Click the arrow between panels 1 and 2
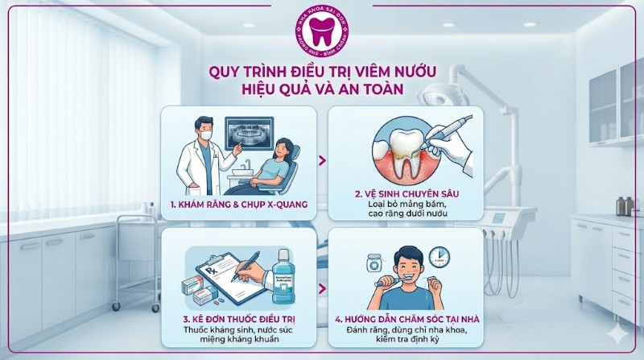coord(322,161)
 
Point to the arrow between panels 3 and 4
coord(322,288)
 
